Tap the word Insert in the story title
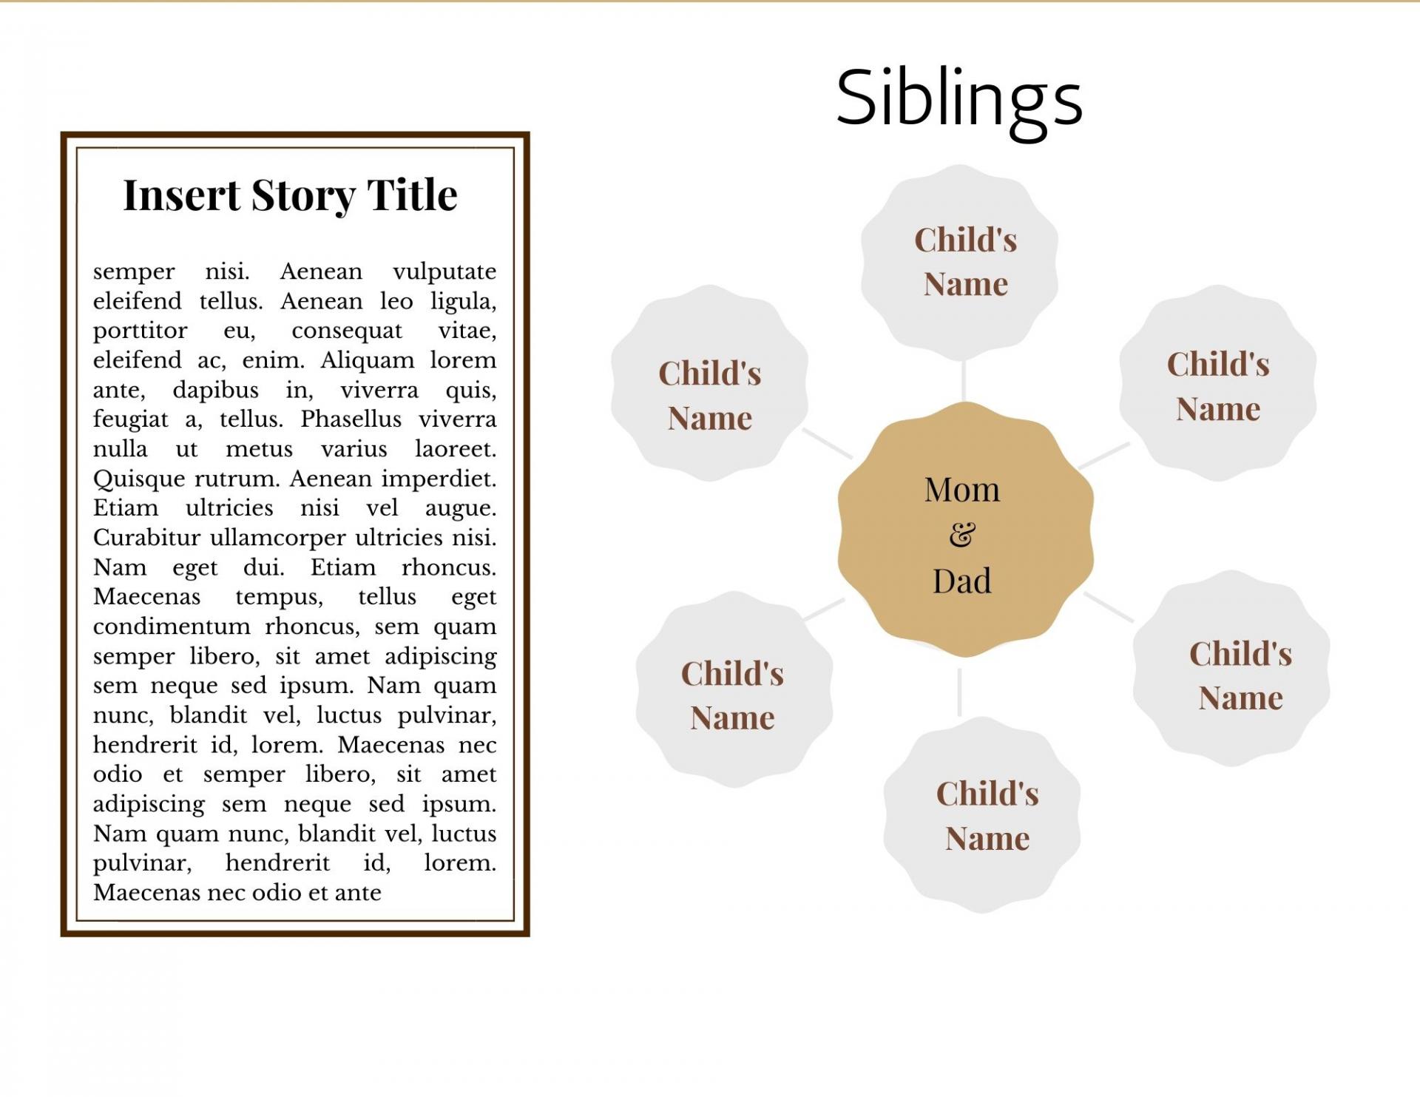tap(182, 195)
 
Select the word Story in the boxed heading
tap(304, 197)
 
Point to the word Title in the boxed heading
tap(412, 195)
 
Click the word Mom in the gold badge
tap(961, 490)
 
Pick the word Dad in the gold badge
tap(961, 581)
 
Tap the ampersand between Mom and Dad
tap(962, 535)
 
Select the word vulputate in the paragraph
tap(444, 272)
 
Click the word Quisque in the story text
tap(141, 479)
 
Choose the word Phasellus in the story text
tap(351, 419)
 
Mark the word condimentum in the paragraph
tap(172, 627)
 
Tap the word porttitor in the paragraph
tap(141, 331)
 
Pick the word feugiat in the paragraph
tap(130, 420)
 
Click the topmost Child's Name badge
tap(960, 263)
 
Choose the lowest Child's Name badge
tap(982, 815)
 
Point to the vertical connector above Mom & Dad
tap(963, 381)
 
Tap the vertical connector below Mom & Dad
tap(959, 692)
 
